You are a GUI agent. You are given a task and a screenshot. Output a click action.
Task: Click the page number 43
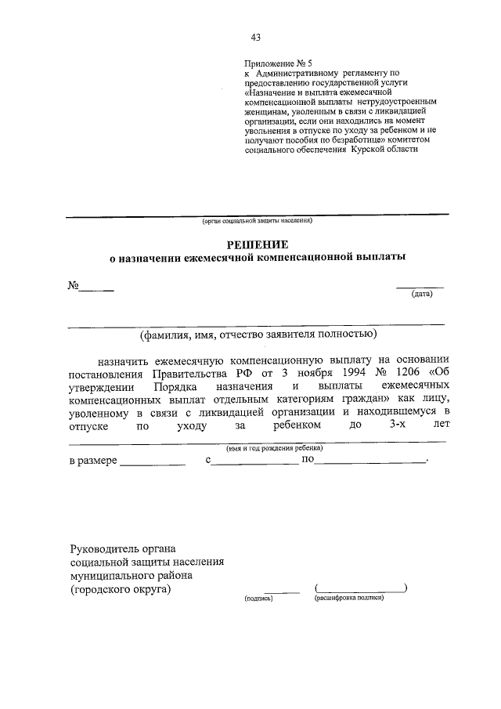point(255,37)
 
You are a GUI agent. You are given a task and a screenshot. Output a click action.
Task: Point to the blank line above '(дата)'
point(420,286)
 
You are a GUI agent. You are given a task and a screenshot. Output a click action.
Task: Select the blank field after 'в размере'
point(153,462)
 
